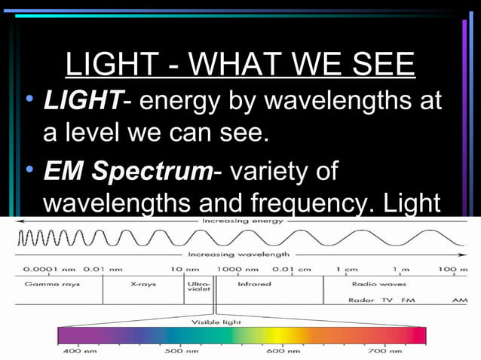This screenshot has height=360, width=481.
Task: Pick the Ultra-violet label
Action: coord(199,286)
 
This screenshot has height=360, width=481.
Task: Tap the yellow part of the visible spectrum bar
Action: coord(279,335)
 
